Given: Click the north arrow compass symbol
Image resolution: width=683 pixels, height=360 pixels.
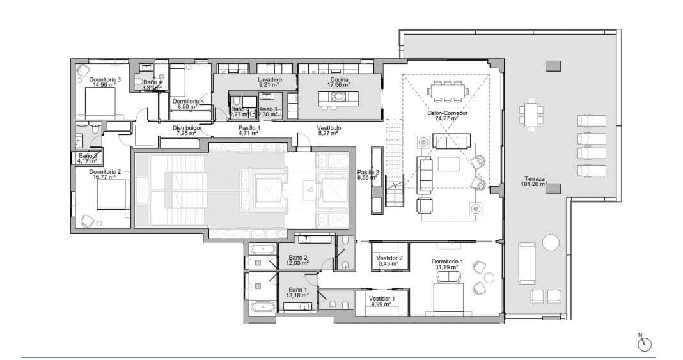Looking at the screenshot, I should [x=645, y=344].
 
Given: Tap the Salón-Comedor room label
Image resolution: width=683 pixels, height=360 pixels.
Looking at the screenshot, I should [x=447, y=113].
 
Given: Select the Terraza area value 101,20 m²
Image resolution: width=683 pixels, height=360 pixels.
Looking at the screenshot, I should [x=533, y=185].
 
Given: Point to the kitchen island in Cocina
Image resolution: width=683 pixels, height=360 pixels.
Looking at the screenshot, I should [x=338, y=97].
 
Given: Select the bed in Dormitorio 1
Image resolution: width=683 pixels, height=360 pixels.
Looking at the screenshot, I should [x=448, y=298].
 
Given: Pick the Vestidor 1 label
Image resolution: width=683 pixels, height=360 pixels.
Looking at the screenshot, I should [x=382, y=298].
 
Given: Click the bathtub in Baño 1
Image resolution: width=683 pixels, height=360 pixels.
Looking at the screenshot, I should [x=262, y=307].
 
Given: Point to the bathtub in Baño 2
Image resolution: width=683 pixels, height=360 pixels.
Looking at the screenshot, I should [x=262, y=249].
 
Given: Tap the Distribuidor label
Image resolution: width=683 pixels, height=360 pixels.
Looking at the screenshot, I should [x=187, y=128].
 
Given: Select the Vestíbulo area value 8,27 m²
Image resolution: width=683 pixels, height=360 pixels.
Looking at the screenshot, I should [x=329, y=134].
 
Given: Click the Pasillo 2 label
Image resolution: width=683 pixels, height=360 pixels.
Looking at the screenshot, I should [x=368, y=172].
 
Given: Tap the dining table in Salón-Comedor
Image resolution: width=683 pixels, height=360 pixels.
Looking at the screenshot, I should [x=447, y=91].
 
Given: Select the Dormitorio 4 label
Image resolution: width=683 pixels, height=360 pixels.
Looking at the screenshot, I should [x=188, y=101].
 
